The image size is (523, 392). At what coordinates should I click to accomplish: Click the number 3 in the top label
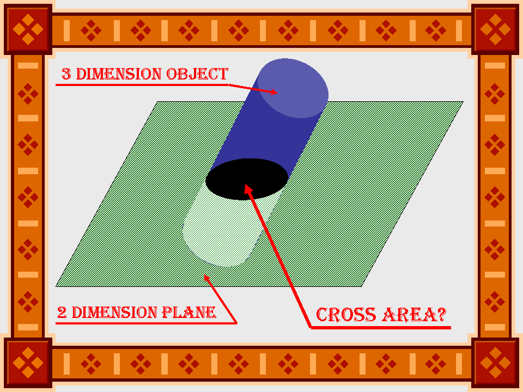(x=66, y=75)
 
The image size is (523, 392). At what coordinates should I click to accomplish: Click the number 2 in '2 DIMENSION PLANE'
(x=62, y=313)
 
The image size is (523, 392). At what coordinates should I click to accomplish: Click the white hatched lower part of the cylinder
(x=218, y=234)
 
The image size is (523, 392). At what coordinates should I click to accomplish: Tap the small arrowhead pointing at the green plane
(x=206, y=278)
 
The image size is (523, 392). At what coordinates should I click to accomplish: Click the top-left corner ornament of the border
(x=27, y=28)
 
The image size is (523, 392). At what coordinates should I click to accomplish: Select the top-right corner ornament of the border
(x=495, y=28)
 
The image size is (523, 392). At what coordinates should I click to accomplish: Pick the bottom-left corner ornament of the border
(x=27, y=363)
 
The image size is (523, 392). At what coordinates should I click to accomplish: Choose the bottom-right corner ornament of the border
(x=495, y=363)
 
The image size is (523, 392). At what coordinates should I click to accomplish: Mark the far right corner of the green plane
(x=462, y=102)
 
